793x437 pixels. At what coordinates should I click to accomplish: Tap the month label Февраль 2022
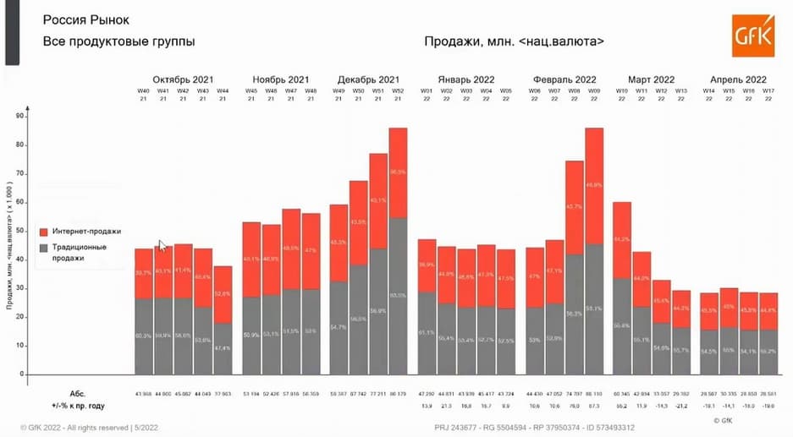564,79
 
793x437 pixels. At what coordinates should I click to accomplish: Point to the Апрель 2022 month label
738,79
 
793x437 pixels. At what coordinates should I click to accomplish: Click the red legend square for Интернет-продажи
43,230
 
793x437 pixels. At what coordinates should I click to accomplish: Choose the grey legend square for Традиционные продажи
43,248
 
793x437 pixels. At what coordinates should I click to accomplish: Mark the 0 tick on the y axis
21,374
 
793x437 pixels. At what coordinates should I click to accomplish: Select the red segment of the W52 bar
398,172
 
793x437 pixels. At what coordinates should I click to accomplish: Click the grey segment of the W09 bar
594,309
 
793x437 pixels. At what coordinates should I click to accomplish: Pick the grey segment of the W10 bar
622,325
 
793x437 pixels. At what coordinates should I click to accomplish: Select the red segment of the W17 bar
768,311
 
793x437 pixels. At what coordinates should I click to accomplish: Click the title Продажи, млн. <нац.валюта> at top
515,41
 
